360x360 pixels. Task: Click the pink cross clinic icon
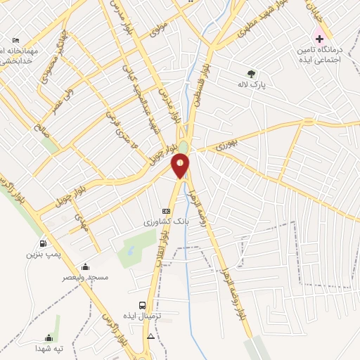tap(319, 38)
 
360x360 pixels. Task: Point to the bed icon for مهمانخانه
tap(16, 39)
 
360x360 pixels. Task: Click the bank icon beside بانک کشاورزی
tap(166, 211)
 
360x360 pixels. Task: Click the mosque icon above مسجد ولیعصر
tap(85, 266)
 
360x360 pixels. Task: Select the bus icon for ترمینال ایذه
tap(143, 306)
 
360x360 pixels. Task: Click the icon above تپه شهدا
tap(48, 337)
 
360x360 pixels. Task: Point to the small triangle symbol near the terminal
tap(150, 337)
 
